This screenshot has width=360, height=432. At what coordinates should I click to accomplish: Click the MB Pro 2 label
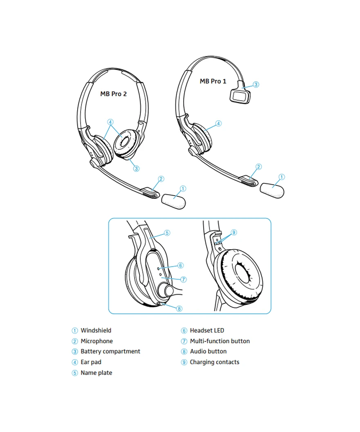tap(113, 94)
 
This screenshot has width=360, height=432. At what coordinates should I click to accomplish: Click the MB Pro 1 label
tap(213, 81)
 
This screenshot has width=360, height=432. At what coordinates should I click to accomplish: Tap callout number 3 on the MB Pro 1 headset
tap(256, 85)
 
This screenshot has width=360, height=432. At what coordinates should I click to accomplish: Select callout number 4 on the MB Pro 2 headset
tap(110, 122)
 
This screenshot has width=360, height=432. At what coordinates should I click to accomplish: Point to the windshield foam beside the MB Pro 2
tap(173, 202)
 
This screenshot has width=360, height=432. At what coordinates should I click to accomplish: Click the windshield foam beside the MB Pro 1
tap(272, 190)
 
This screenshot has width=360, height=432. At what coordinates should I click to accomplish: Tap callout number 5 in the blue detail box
tap(167, 233)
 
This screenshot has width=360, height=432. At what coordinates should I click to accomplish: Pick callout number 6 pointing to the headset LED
tap(180, 265)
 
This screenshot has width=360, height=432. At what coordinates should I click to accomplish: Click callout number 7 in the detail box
tap(183, 279)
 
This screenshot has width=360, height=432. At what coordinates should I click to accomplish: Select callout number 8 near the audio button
tap(179, 308)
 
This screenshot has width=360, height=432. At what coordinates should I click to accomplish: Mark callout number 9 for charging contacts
tap(234, 232)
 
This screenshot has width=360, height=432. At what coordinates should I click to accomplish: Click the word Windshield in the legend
tap(96, 330)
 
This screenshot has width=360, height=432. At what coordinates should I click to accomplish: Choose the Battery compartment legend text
tap(110, 351)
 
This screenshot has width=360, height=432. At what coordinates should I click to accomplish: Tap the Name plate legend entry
tap(97, 373)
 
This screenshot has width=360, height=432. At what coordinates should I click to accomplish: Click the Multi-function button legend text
tap(220, 341)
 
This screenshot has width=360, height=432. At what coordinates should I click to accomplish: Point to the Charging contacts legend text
tap(214, 362)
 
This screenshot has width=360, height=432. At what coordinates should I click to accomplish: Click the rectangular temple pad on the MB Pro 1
tap(240, 96)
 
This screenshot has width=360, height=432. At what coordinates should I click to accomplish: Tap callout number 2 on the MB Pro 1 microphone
tap(259, 166)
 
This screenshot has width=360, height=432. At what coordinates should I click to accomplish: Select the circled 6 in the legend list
tap(184, 331)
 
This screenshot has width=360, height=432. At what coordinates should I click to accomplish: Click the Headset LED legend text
tap(207, 330)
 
